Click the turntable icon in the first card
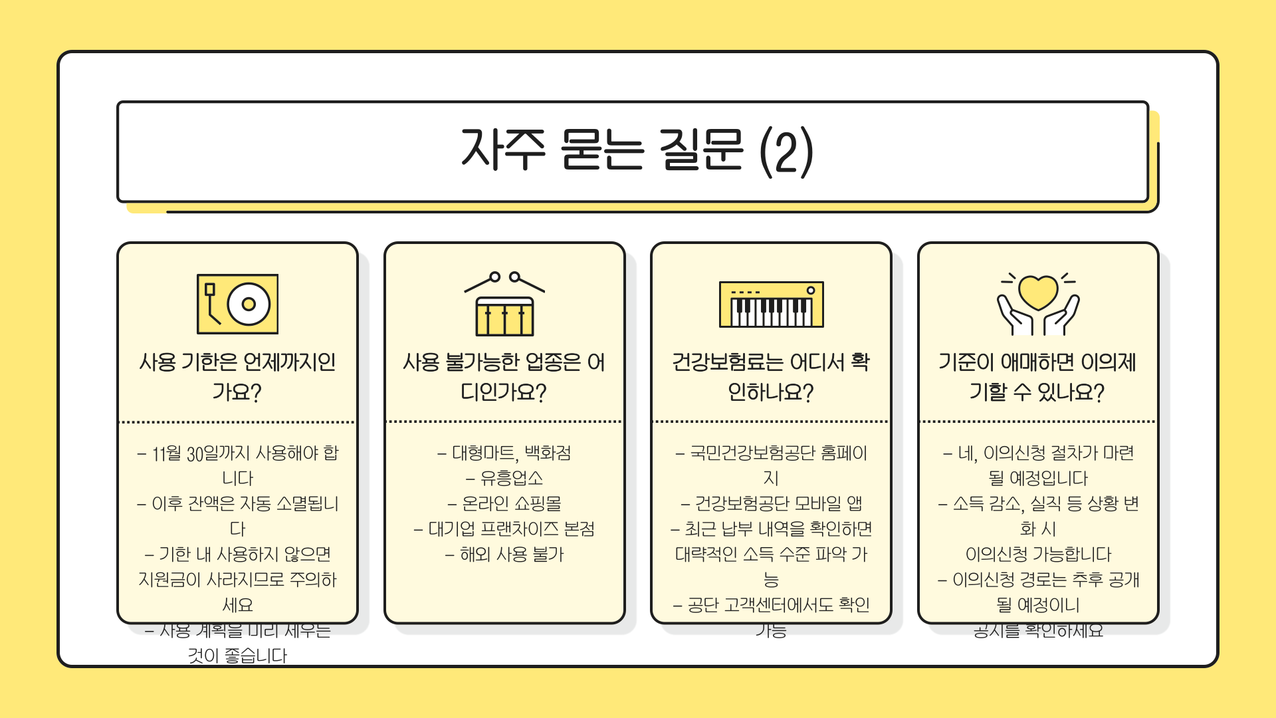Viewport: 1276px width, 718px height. (x=237, y=304)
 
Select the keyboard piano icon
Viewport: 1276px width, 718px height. (x=771, y=304)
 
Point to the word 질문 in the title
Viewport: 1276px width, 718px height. (x=701, y=149)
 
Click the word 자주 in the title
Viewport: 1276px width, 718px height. (x=504, y=149)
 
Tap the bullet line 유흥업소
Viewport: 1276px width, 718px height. (x=504, y=478)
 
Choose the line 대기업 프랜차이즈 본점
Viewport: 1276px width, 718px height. (x=504, y=529)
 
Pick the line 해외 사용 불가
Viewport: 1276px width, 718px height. (x=504, y=554)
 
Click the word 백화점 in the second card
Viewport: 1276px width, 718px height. (x=548, y=453)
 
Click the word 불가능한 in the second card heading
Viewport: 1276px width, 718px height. (x=482, y=362)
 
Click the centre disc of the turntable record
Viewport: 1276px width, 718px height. (x=249, y=304)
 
